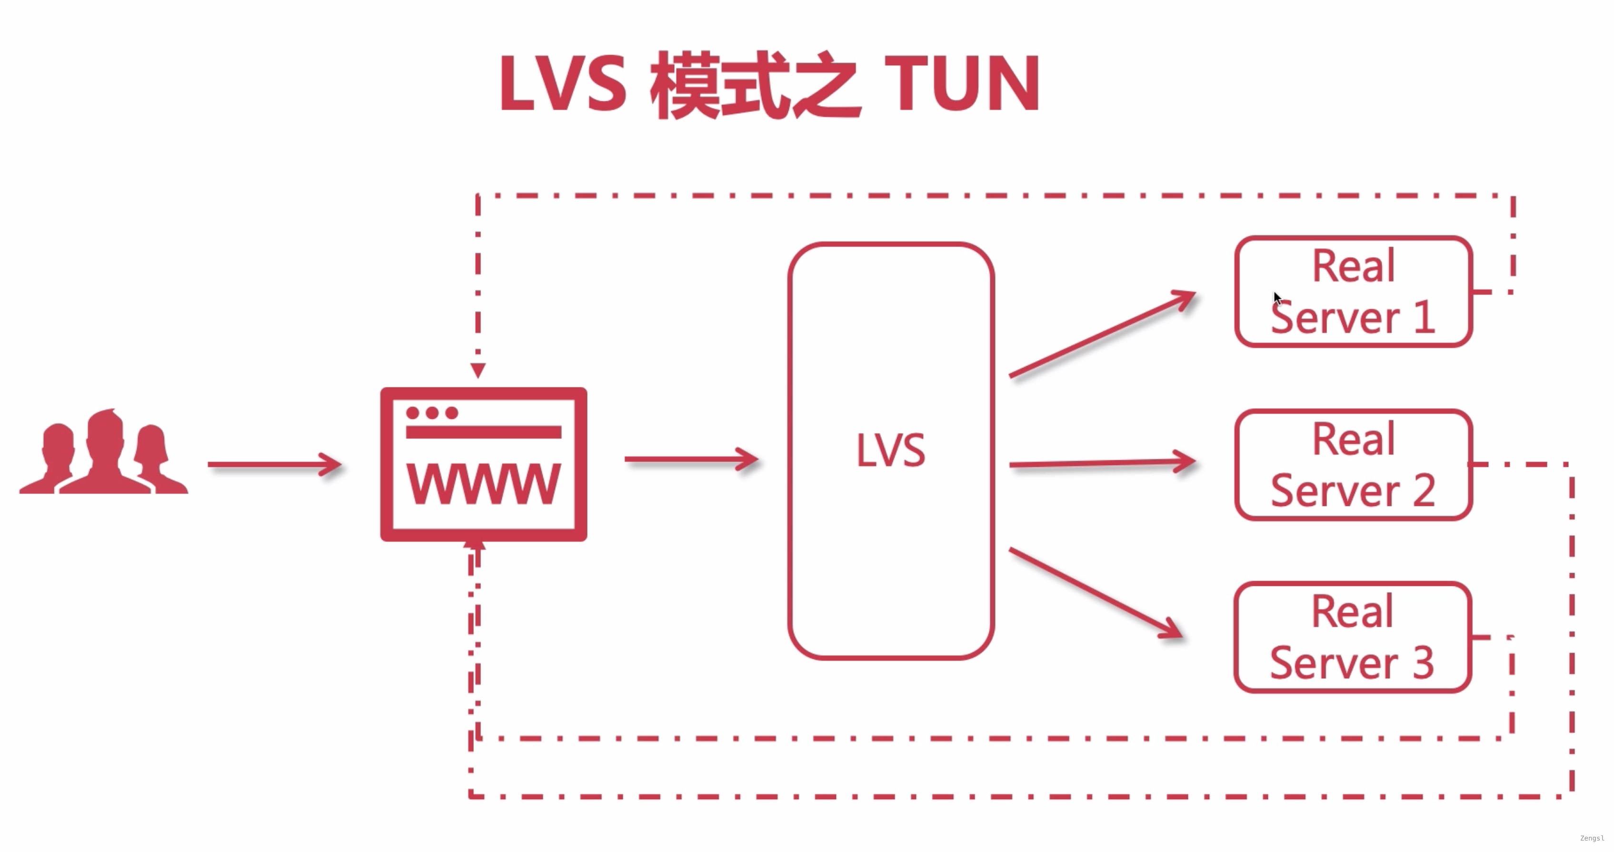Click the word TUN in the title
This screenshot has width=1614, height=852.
[962, 83]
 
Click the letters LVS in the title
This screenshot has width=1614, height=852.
[562, 83]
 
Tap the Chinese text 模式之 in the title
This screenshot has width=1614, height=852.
[755, 85]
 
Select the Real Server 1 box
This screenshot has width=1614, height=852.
[1354, 291]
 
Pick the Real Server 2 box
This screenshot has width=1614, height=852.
[1354, 465]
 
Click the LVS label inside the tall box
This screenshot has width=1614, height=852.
[890, 450]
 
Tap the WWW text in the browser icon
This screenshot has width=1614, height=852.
[484, 484]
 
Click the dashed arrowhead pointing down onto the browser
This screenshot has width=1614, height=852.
[478, 370]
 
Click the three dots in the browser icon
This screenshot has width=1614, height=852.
[432, 413]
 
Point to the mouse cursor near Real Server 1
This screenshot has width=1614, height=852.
[1277, 298]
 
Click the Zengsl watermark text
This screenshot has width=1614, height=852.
[1592, 838]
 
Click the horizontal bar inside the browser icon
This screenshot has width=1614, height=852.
[484, 432]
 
